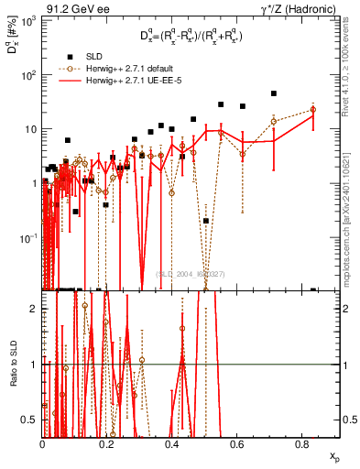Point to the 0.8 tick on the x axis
click(301, 446)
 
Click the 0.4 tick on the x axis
click(172, 446)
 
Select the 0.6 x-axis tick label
click(237, 446)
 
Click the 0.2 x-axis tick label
click(107, 446)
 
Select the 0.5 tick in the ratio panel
click(30, 420)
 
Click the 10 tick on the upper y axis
click(28, 129)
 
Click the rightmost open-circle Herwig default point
click(313, 109)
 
